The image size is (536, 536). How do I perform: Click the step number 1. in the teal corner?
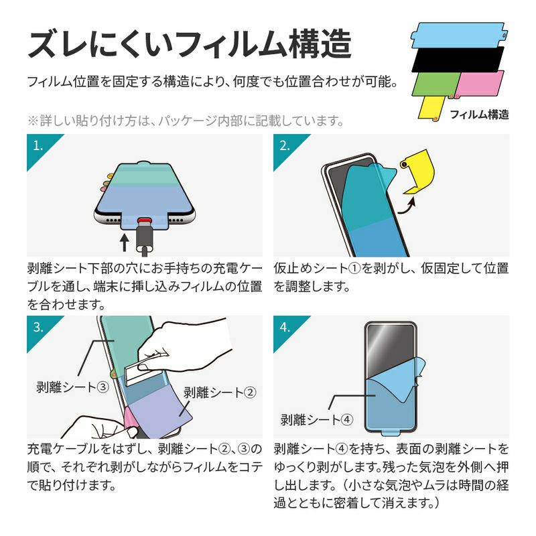point(38,146)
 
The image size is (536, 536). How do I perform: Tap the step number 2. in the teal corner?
point(285,146)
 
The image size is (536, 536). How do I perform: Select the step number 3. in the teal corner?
point(38,328)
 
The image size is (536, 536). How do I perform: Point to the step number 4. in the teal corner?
point(285,328)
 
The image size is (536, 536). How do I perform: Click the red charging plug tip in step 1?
point(144,220)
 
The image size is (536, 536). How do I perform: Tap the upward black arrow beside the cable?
point(125,242)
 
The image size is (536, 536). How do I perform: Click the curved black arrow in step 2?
point(407,206)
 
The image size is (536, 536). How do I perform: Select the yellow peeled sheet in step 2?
point(419,171)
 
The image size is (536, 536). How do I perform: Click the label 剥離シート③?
point(72,387)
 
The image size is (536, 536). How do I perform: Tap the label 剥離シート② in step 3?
point(220,393)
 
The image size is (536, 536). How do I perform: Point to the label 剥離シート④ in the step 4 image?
point(317,419)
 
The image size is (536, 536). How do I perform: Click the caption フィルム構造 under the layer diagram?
point(479,115)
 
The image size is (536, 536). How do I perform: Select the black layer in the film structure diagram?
point(458,60)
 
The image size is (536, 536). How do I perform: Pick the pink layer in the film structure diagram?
point(480,84)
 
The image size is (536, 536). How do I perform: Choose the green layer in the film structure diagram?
point(436,84)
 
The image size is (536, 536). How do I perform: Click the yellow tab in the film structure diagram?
point(431,108)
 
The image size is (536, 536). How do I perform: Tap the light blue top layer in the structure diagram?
point(458,35)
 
